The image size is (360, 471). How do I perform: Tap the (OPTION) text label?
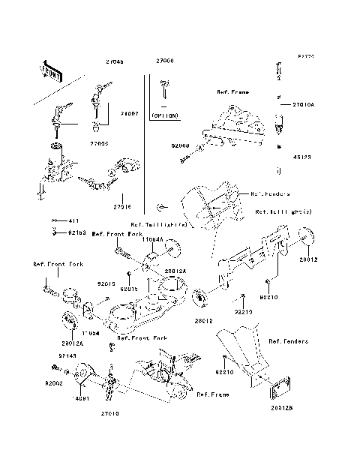click(x=165, y=117)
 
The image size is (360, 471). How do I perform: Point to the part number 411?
click(x=73, y=221)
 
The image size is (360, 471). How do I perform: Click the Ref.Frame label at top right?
click(x=232, y=92)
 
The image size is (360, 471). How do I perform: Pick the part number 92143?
click(x=67, y=356)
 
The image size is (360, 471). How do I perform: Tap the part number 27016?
click(x=123, y=205)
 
